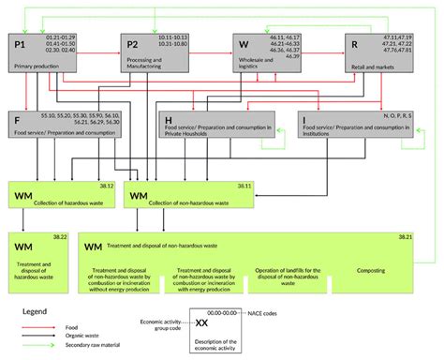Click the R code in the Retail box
coord(353,44)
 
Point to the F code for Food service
coord(18,120)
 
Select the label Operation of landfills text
coord(292,272)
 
